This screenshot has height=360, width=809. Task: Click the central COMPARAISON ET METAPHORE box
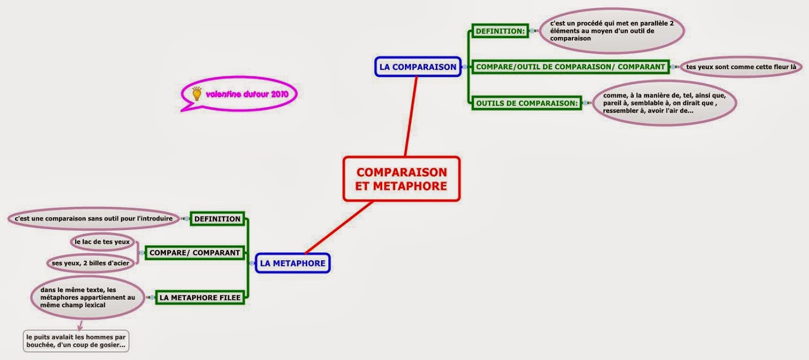tap(401, 179)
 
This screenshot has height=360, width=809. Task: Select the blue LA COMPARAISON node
tap(418, 67)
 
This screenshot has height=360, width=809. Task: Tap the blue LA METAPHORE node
tap(292, 263)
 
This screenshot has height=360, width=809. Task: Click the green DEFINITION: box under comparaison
tap(500, 31)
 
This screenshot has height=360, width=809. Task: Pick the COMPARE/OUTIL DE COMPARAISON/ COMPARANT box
tap(570, 67)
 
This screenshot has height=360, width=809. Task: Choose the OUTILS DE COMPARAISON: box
tap(526, 103)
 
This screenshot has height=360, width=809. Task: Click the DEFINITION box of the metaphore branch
tap(217, 219)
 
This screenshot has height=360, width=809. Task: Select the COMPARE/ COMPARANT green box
tap(195, 253)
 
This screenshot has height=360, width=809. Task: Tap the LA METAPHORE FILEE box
tap(200, 298)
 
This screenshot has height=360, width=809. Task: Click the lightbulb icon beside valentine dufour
tap(197, 93)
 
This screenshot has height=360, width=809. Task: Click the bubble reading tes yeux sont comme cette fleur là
tap(741, 67)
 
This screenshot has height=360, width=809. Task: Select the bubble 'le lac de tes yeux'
tap(102, 242)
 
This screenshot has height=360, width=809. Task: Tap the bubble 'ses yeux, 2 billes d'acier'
tap(91, 263)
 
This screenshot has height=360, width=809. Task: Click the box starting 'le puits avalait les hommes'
tap(76, 341)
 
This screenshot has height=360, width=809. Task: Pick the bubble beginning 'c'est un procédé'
tap(611, 31)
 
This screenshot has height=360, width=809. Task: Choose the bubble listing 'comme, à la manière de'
tap(663, 103)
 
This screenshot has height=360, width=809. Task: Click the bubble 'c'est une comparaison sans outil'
tap(94, 219)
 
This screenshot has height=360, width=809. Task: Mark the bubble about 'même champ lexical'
tap(87, 298)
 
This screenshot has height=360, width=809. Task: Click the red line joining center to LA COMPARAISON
tap(411, 116)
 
